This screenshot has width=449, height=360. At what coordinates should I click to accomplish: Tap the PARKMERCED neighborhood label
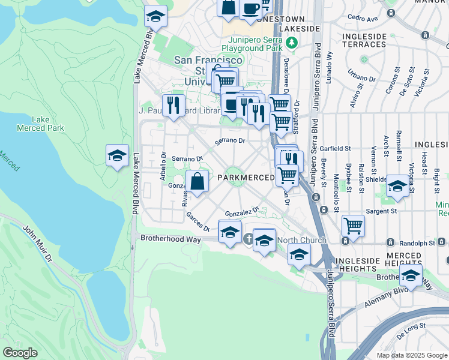pyautogui.click(x=246, y=178)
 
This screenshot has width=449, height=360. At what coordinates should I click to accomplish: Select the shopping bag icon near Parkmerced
pyautogui.click(x=197, y=182)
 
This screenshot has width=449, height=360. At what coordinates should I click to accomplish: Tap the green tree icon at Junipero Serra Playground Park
pyautogui.click(x=291, y=42)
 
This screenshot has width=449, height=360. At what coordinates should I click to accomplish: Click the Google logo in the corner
pyautogui.click(x=20, y=353)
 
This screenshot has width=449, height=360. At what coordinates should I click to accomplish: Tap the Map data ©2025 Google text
pyautogui.click(x=412, y=355)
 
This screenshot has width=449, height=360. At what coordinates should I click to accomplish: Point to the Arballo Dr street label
pyautogui.click(x=163, y=163)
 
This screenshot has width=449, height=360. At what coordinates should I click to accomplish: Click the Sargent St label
pyautogui.click(x=382, y=211)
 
